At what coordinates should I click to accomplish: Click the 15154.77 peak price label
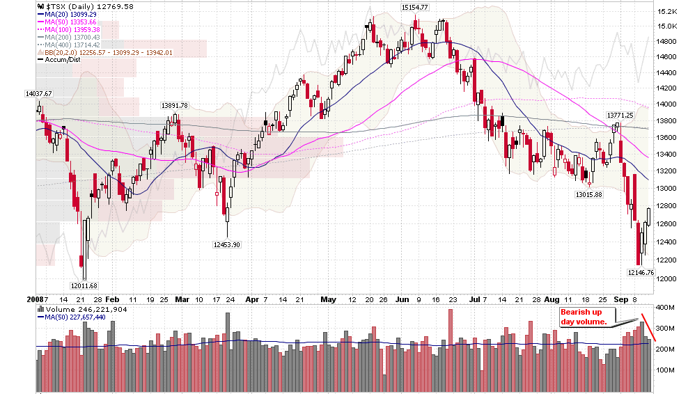[414, 7]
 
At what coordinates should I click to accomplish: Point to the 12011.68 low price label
[84, 285]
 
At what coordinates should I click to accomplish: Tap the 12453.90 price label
[226, 244]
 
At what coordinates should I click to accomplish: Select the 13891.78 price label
[175, 105]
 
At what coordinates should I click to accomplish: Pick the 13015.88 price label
[588, 194]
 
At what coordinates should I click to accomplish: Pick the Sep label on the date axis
[620, 299]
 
